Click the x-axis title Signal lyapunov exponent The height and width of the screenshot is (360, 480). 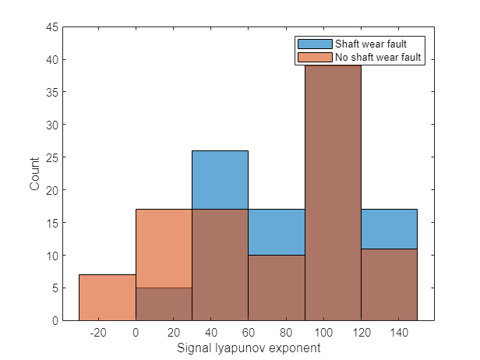click(x=249, y=348)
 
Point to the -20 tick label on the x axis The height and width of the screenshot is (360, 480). click(x=98, y=333)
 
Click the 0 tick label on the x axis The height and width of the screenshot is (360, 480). click(x=136, y=333)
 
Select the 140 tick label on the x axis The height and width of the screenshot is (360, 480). click(x=398, y=333)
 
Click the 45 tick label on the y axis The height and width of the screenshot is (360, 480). click(x=51, y=27)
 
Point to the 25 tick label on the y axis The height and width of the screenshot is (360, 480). click(x=51, y=157)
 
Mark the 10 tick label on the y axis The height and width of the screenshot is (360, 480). click(x=51, y=255)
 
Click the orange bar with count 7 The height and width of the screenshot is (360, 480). click(x=108, y=298)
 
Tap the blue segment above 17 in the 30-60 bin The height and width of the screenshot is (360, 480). click(x=221, y=180)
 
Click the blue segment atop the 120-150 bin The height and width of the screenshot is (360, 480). click(x=389, y=229)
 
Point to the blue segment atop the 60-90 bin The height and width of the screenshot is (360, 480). click(x=277, y=232)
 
